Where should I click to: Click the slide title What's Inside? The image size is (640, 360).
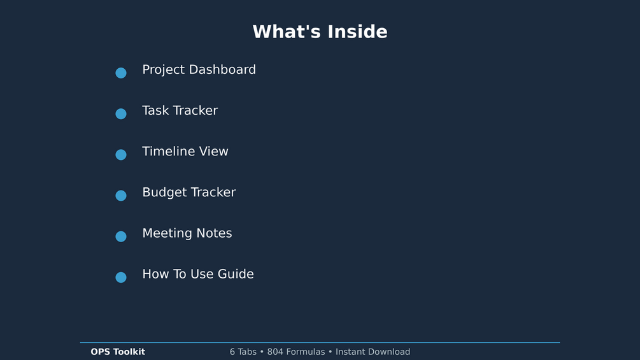(320, 32)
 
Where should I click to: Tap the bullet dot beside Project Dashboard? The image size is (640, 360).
(121, 73)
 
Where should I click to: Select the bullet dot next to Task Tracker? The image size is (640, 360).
(121, 114)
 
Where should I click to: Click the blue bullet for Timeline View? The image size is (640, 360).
(121, 155)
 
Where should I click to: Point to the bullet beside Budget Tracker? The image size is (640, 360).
(121, 196)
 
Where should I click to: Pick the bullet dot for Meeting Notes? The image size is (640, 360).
(121, 236)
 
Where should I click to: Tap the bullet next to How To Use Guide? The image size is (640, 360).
(121, 277)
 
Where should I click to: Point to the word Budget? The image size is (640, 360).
(164, 192)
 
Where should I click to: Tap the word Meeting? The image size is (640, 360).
(167, 233)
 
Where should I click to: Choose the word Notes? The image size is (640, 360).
(214, 233)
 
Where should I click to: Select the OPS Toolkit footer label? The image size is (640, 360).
(118, 352)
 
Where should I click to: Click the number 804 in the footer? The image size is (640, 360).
(275, 352)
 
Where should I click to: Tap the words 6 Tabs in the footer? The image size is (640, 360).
(243, 352)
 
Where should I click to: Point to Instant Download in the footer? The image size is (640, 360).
(373, 352)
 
